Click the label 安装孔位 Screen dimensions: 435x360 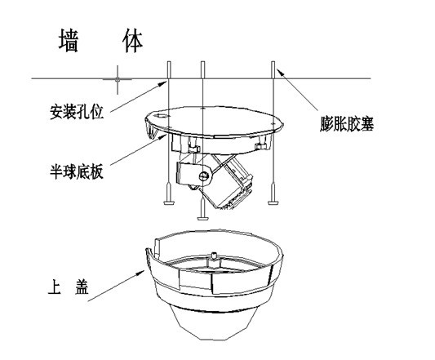(77, 112)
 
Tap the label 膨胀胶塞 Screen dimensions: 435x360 (347, 123)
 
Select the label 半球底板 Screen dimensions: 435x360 (77, 171)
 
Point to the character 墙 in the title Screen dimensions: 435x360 (69, 40)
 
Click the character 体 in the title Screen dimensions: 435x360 (132, 40)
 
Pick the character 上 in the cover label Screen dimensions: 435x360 (55, 287)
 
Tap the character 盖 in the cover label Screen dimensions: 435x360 (82, 287)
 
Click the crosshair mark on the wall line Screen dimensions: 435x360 (118, 79)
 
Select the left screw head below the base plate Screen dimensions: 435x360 (169, 203)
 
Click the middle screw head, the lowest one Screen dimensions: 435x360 (202, 218)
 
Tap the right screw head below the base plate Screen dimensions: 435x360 (273, 203)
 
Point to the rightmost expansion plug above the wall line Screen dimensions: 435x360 (273, 69)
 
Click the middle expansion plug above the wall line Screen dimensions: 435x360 (202, 69)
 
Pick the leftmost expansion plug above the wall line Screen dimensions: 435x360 (169, 69)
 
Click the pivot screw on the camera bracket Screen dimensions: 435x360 (204, 176)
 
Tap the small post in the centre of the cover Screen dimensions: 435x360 (214, 256)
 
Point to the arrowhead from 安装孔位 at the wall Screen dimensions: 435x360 (162, 83)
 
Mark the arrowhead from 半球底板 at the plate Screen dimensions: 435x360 (162, 136)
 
